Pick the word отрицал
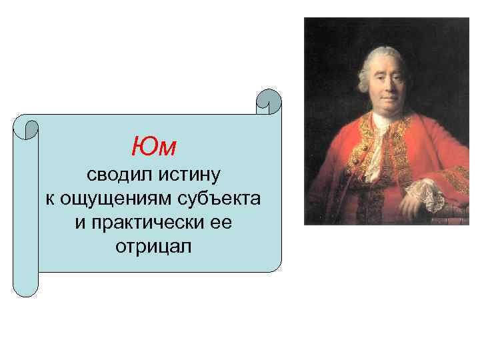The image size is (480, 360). tap(153, 247)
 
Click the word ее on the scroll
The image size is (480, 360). tap(221, 223)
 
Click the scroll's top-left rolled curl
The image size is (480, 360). tap(27, 127)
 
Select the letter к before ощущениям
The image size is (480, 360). tap(50, 199)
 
